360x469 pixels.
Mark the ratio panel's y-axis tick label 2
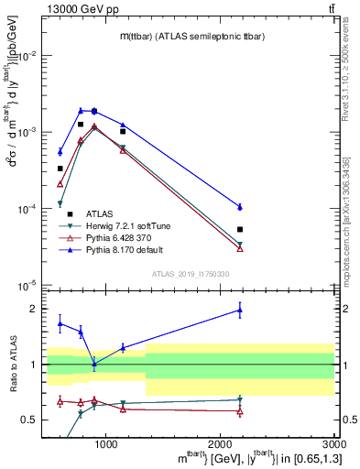pos(34,309)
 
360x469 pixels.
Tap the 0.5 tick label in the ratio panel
pos(30,420)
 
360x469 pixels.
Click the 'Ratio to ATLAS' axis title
pos(12,365)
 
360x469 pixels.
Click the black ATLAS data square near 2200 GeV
pos(240,229)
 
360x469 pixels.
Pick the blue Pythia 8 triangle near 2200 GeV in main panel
pos(240,207)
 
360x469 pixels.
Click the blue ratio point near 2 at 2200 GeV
pos(240,310)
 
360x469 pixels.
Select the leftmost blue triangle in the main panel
pos(60,151)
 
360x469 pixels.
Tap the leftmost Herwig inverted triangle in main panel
pos(60,203)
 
